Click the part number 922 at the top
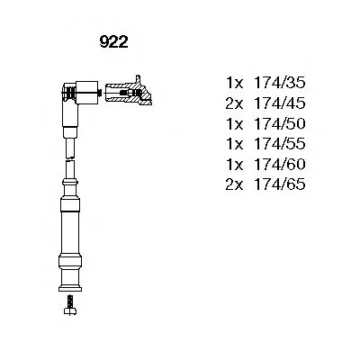pos(113,42)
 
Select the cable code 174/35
pos(279,83)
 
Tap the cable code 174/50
pos(279,123)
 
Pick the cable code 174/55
pos(279,144)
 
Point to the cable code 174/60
pos(279,164)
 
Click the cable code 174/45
pos(279,103)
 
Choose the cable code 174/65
pos(279,184)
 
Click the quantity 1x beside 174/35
pos(235,83)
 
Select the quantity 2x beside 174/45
pos(234,103)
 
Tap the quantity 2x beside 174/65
pos(234,184)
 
